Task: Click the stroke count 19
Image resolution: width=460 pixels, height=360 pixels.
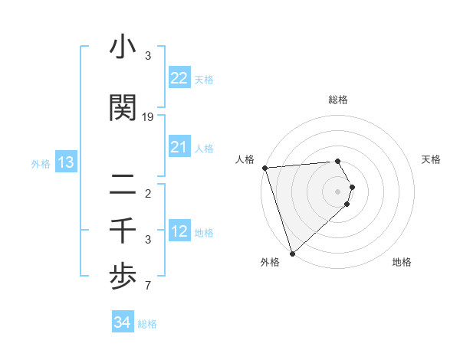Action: tap(148, 117)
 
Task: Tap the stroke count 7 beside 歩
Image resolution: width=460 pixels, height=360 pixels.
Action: tap(148, 286)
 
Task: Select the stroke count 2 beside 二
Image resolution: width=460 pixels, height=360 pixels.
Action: tap(148, 193)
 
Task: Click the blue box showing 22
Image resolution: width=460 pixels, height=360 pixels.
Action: tap(179, 78)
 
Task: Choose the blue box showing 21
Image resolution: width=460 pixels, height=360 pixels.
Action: tap(179, 147)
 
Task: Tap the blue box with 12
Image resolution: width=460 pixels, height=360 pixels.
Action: tap(179, 231)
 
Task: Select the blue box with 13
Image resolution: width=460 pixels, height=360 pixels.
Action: tap(65, 162)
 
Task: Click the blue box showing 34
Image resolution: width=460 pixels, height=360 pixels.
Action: tap(123, 322)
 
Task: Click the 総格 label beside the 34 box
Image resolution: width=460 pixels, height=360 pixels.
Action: tap(147, 324)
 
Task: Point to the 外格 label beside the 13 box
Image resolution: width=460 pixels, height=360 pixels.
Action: tap(41, 163)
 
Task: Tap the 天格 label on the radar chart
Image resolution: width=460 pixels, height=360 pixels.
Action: tap(432, 159)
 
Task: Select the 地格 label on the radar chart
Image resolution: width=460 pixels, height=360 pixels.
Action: tap(402, 262)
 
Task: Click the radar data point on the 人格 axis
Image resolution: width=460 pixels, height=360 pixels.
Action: tap(264, 168)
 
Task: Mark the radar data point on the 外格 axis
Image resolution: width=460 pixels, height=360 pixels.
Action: tap(292, 253)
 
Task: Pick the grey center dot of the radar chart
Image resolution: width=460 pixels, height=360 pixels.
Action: tap(337, 191)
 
